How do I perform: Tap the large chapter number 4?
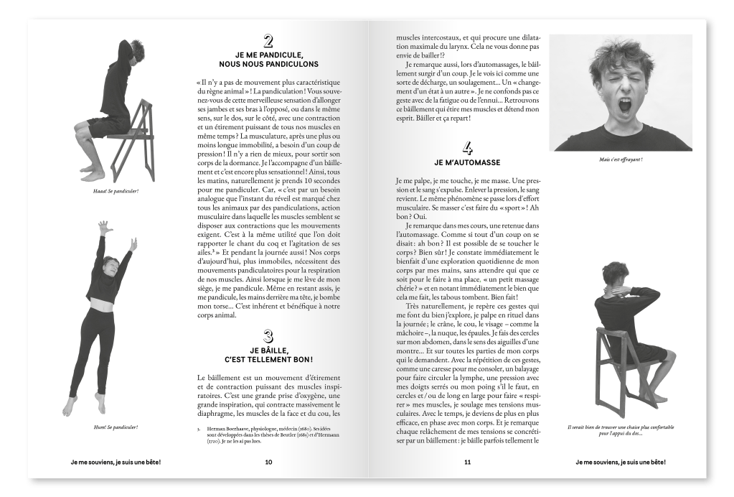467,149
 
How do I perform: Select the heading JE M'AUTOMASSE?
467,162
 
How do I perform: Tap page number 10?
268,462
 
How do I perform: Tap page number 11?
467,462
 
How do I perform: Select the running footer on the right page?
621,462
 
